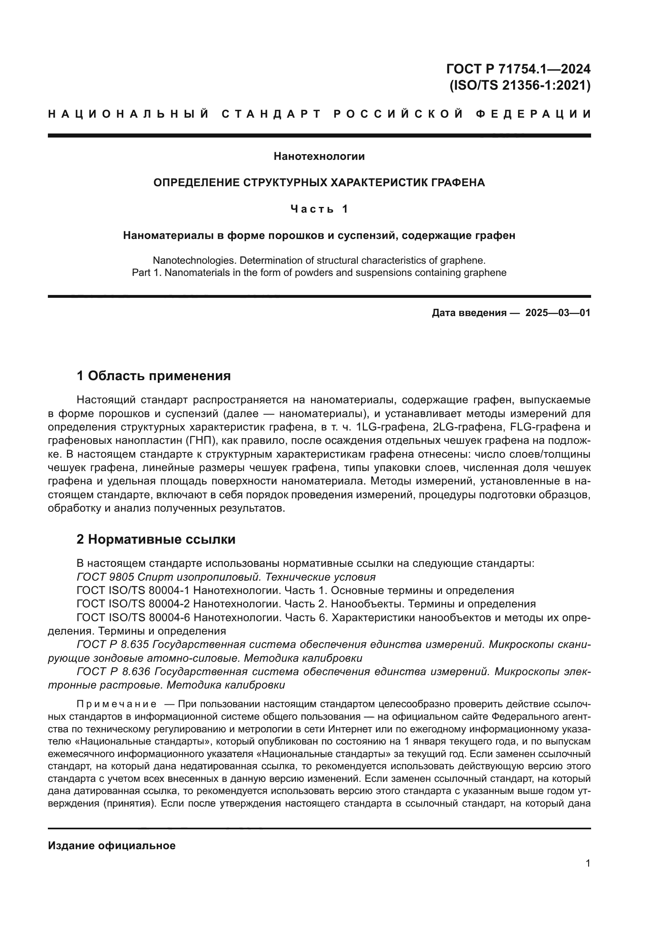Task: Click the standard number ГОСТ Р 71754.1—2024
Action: [518, 69]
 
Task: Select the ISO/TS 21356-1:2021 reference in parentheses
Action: [519, 86]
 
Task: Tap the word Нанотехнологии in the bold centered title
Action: [319, 156]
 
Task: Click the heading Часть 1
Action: [319, 209]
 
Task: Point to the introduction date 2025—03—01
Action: [557, 313]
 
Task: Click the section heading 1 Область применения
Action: [153, 376]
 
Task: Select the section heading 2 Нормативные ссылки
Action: [156, 539]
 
